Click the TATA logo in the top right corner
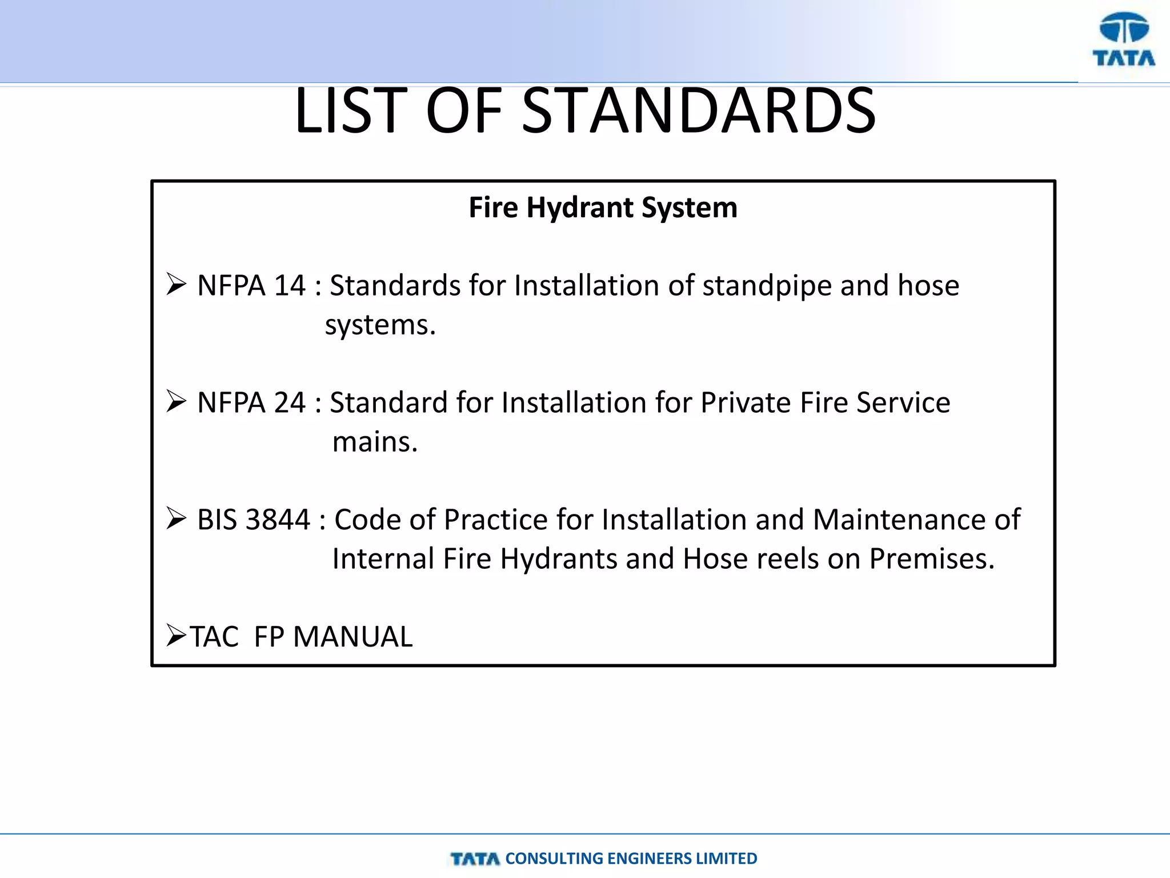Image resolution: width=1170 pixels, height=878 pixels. pos(1124,40)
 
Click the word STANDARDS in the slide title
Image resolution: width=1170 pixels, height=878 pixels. pos(698,110)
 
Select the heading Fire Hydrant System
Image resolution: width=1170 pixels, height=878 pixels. pos(603,207)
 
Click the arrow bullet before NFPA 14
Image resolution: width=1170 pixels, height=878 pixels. pos(176,284)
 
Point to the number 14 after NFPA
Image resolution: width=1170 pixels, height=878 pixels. pos(290,285)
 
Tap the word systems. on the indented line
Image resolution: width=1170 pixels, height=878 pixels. pos(380,325)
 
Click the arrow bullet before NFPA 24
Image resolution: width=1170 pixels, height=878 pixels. pos(176,401)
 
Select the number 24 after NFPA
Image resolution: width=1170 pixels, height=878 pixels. pos(290,402)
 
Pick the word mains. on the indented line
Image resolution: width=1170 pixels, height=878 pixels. pos(375,442)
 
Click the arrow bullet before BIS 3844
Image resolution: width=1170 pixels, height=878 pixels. pos(176,518)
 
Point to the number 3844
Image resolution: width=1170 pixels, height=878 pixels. pos(278,520)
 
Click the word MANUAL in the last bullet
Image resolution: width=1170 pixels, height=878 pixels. pos(352,637)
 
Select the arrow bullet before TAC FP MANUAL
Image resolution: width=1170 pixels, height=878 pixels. pos(176,635)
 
